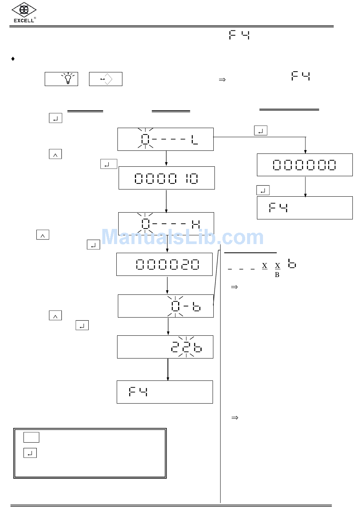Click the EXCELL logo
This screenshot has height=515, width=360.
click(x=24, y=13)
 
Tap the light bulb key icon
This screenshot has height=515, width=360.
click(x=61, y=79)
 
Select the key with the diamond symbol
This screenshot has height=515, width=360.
click(x=106, y=79)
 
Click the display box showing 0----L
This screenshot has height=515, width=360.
click(x=166, y=139)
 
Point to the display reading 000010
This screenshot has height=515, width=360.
click(x=167, y=178)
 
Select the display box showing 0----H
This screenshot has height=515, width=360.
click(x=166, y=224)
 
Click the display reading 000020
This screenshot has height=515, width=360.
click(x=164, y=264)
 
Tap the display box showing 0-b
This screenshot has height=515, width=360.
click(x=166, y=306)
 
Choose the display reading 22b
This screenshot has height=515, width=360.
click(x=165, y=347)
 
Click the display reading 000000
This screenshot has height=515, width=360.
click(x=305, y=165)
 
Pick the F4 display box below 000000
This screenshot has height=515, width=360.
click(x=305, y=208)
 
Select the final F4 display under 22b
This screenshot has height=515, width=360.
click(x=165, y=392)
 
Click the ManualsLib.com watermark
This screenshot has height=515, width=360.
click(x=182, y=237)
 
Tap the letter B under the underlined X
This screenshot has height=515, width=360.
click(x=277, y=275)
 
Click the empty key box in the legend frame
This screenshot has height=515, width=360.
click(x=31, y=437)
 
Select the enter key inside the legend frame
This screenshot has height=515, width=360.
click(x=30, y=453)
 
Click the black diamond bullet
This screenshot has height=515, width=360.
click(x=13, y=59)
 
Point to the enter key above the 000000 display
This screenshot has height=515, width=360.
click(x=261, y=130)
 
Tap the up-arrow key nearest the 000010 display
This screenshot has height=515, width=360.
click(x=55, y=154)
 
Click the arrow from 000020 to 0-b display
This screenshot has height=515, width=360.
click(x=167, y=285)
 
